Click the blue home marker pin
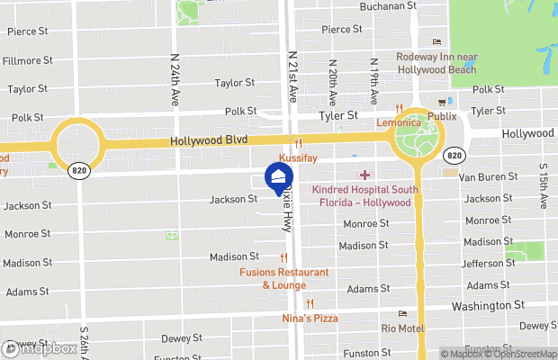click(279, 176)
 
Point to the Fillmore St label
click(27, 61)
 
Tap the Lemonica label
click(398, 121)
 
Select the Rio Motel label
click(402, 328)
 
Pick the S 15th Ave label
click(543, 186)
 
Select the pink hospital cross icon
click(364, 174)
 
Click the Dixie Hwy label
click(286, 211)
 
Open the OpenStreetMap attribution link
click(523, 353)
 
